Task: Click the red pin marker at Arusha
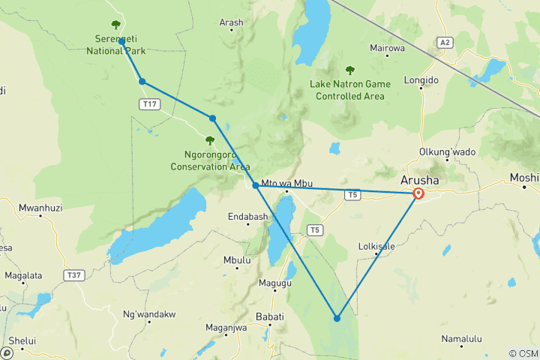(418, 193)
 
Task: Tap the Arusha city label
(421, 181)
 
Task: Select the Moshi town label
(524, 178)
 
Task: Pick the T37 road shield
(73, 275)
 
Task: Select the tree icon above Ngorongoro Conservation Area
(210, 140)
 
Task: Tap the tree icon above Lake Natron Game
(349, 70)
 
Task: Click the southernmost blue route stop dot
(337, 318)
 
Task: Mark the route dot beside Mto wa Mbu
(256, 185)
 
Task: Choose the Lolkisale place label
(377, 245)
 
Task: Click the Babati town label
(270, 316)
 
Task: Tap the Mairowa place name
(388, 48)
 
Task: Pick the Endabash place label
(248, 216)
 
